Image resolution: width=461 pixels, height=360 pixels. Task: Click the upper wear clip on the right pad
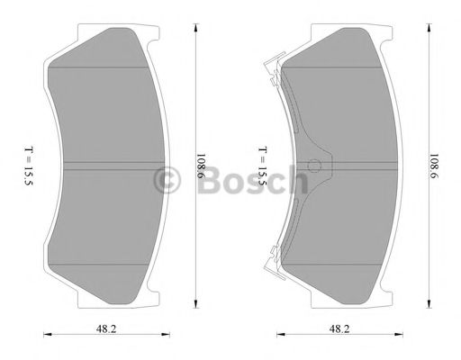point(270,66)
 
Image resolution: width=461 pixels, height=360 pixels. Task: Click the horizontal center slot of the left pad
point(108,165)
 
